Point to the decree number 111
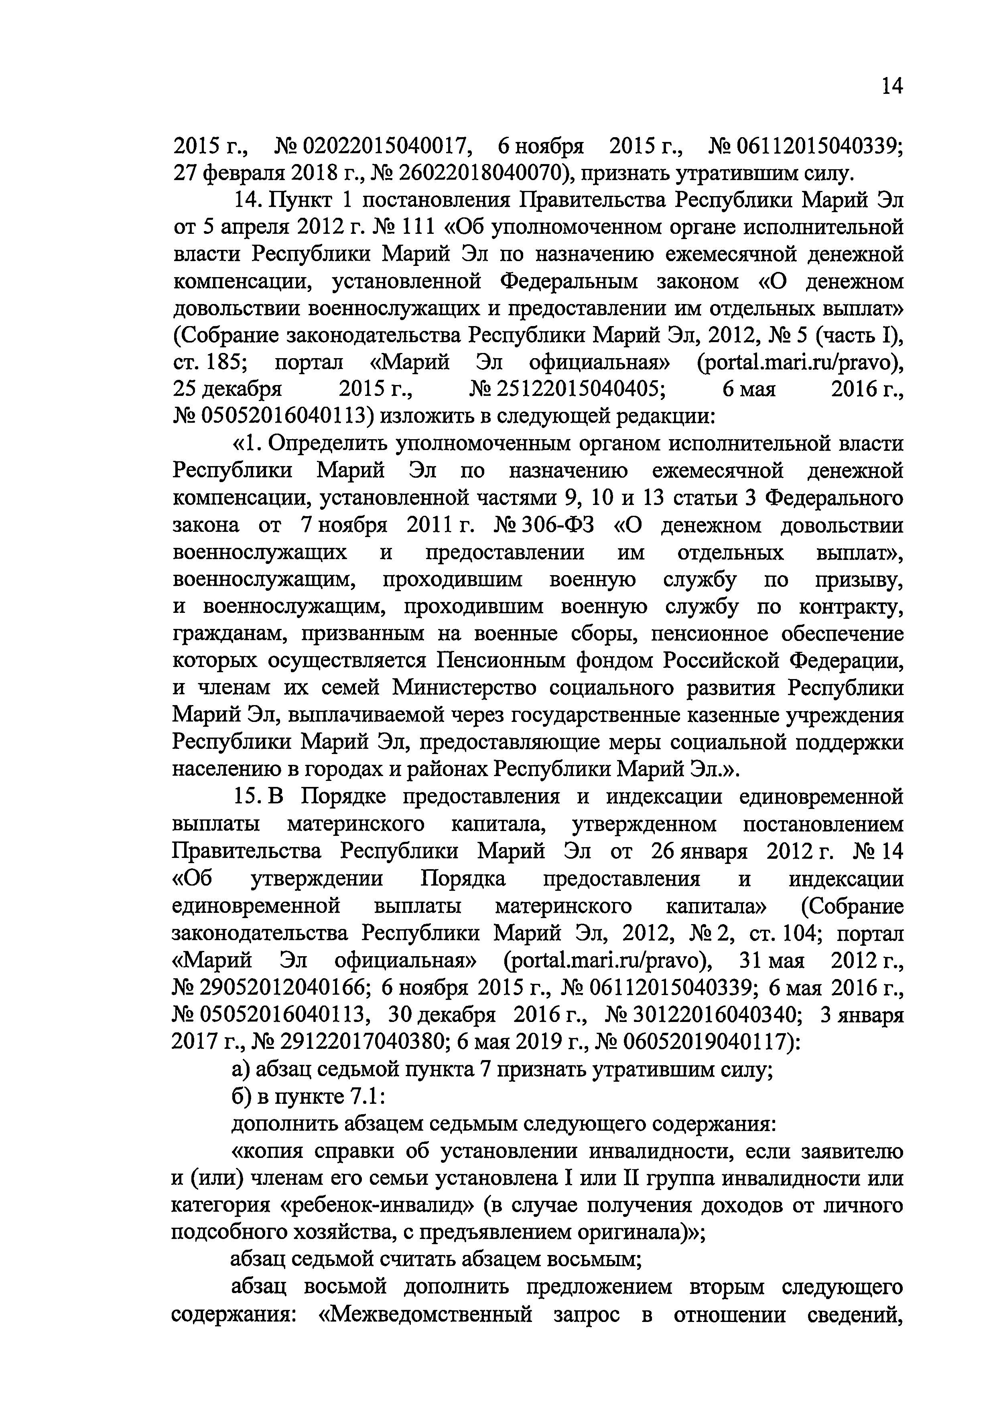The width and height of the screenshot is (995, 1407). (416, 227)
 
